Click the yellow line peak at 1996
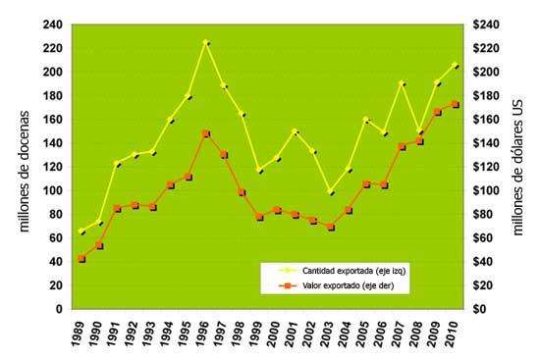click(205, 42)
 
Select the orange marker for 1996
click(205, 133)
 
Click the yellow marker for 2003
click(332, 191)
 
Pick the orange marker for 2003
click(332, 227)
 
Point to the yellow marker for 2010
click(455, 65)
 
